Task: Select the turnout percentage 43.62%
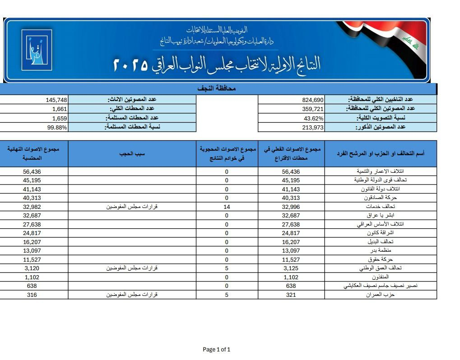[x=314, y=118]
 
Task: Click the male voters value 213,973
[x=312, y=127]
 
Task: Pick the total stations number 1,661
[x=60, y=109]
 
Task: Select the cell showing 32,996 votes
[x=291, y=207]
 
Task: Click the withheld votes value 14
[x=226, y=207]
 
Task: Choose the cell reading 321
[x=291, y=295]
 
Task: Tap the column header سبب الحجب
[x=132, y=153]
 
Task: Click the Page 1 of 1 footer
[x=217, y=349]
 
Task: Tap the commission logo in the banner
[x=37, y=50]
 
